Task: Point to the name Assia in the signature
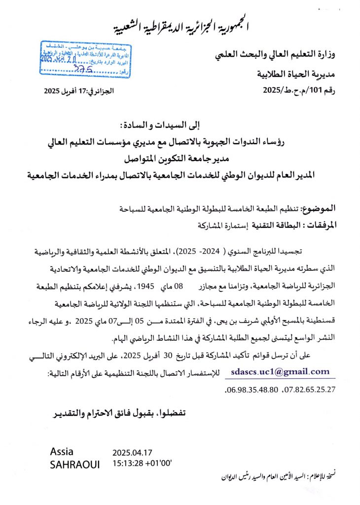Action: (x=62, y=452)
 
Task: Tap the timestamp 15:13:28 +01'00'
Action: (x=143, y=464)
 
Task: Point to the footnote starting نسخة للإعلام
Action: (x=283, y=476)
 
